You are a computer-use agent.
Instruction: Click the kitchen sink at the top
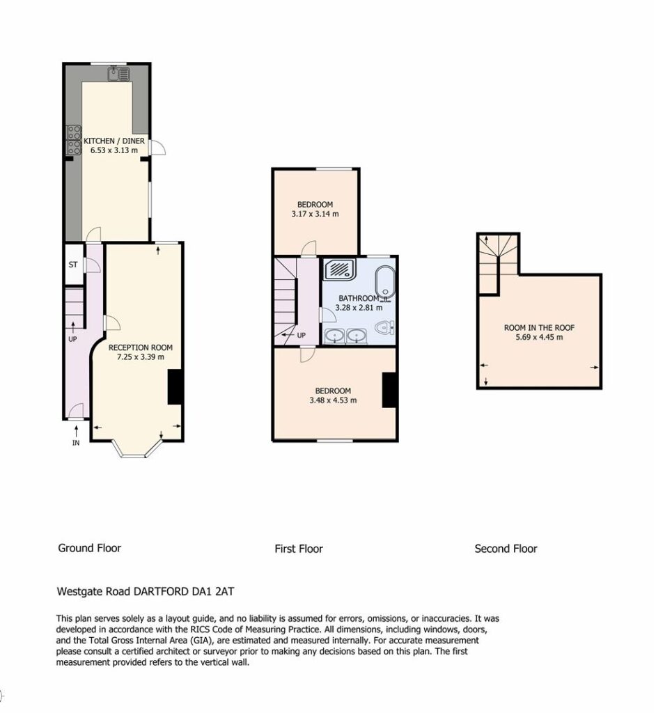[x=119, y=74]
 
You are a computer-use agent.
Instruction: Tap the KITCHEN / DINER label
[x=114, y=141]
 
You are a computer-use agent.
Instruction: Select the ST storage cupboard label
[x=73, y=265]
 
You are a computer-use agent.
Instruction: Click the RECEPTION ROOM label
[x=141, y=348]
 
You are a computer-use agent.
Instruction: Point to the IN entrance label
[x=76, y=443]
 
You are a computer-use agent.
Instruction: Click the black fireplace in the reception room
[x=175, y=387]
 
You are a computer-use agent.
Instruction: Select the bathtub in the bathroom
[x=385, y=283]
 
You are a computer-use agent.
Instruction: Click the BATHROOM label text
[x=359, y=298]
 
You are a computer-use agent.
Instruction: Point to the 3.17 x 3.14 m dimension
[x=315, y=214]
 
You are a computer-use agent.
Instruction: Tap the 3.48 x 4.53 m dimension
[x=333, y=400]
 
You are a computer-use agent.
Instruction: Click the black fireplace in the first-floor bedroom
[x=389, y=390]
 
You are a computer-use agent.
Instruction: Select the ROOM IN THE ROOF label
[x=540, y=328]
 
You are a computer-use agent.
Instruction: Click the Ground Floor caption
[x=90, y=549]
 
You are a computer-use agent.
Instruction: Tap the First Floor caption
[x=299, y=549]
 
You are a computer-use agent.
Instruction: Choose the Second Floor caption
[x=506, y=549]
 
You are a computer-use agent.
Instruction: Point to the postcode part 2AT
[x=224, y=592]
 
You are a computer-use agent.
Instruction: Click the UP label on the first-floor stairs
[x=301, y=336]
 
